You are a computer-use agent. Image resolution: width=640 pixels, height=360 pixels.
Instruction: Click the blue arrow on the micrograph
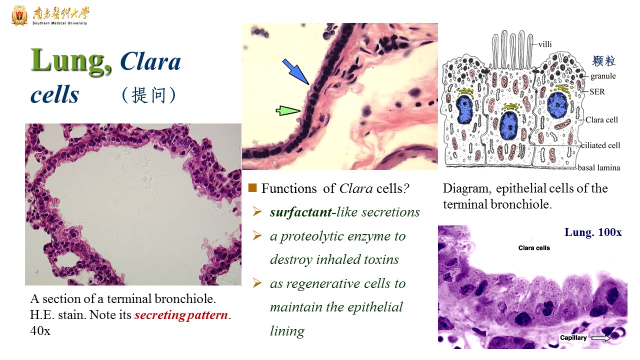(x=296, y=71)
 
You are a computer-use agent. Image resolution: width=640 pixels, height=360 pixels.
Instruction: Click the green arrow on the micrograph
(x=288, y=110)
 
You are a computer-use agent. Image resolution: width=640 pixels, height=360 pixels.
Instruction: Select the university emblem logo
(x=19, y=15)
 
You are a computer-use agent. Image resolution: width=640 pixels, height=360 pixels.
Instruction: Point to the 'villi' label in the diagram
(x=545, y=44)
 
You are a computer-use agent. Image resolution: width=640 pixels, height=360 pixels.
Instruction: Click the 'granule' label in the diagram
(x=603, y=76)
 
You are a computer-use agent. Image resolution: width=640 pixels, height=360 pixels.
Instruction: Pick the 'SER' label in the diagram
(x=597, y=91)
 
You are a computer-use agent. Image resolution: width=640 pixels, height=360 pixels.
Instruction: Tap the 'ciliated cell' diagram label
(x=600, y=145)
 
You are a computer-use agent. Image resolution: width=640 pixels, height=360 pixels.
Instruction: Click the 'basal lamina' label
(x=599, y=167)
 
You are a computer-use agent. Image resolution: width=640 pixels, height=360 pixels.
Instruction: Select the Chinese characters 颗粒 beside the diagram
(x=603, y=61)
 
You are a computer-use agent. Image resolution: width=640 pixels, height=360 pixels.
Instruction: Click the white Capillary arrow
(x=600, y=338)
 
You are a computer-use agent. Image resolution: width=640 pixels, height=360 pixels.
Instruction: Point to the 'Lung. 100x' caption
(x=593, y=232)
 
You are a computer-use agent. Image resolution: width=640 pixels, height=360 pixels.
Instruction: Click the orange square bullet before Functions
(x=252, y=187)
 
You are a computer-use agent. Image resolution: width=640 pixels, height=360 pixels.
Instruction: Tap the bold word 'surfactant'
(x=301, y=212)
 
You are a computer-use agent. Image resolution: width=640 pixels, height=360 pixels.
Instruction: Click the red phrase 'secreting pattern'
(x=181, y=315)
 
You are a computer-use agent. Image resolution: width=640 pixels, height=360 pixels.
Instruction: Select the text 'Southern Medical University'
(x=59, y=23)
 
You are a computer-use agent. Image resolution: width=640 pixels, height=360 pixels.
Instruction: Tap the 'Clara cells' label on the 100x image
(x=534, y=248)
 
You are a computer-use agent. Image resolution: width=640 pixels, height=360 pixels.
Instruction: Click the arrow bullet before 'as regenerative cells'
(x=257, y=283)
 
